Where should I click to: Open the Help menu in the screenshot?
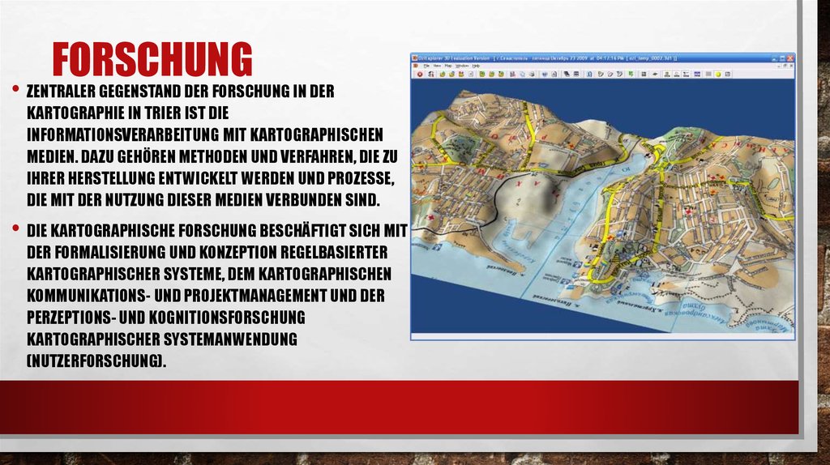tap(476, 66)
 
